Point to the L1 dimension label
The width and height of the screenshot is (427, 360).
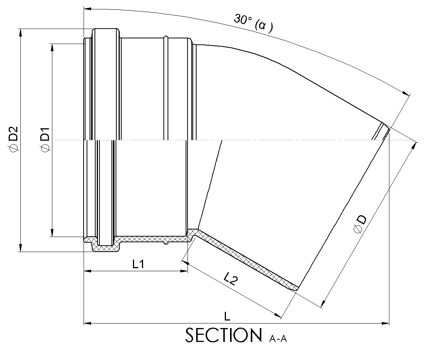click(138, 264)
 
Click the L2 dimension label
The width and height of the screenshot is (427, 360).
click(231, 279)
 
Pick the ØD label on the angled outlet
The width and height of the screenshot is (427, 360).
click(360, 224)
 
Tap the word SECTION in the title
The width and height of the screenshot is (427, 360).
click(224, 335)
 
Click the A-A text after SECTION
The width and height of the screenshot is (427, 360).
click(278, 339)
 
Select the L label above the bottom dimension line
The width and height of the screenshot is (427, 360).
click(227, 316)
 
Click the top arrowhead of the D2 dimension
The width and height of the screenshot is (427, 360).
click(20, 32)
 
